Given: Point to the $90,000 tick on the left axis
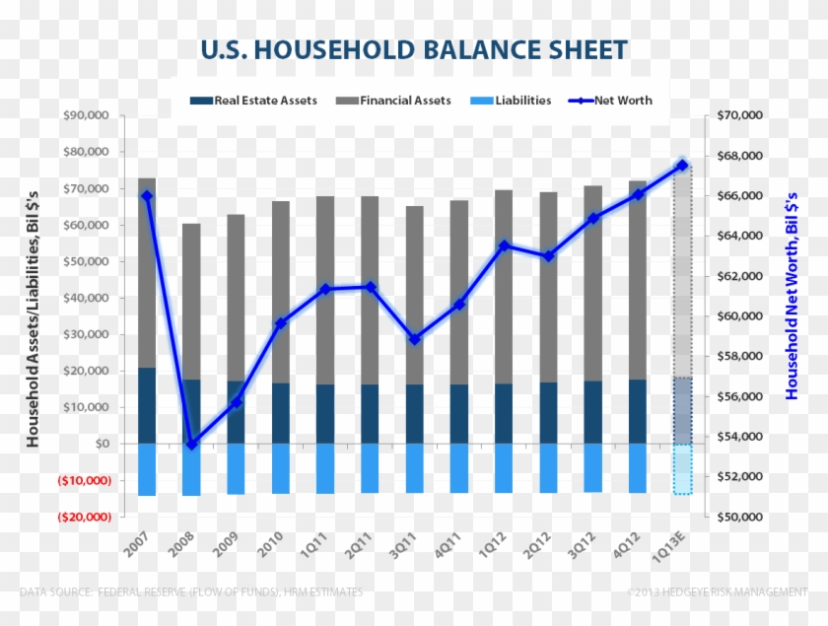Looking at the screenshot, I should [x=86, y=115].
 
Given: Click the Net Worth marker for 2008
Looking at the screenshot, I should [x=191, y=445].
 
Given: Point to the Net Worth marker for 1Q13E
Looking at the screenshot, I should [x=682, y=166].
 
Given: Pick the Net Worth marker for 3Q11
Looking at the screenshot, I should [x=415, y=339].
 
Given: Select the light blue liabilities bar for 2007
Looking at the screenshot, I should [x=147, y=469].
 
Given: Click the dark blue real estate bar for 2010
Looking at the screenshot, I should [x=280, y=413].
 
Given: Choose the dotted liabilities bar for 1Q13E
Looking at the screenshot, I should [x=682, y=469].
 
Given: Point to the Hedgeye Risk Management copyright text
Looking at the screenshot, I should [x=717, y=591].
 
